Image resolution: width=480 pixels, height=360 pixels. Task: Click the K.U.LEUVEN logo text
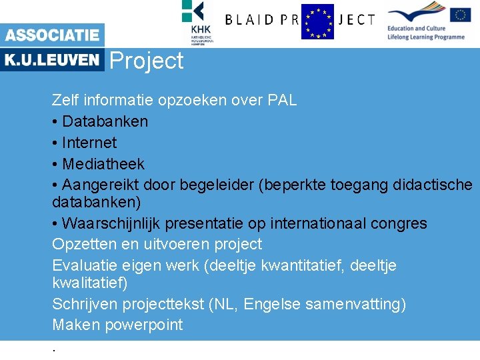point(52,60)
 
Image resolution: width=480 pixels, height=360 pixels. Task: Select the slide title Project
point(146,61)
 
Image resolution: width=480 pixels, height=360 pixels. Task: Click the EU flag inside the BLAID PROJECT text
point(317,21)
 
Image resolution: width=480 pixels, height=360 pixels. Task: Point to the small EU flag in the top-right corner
point(460,15)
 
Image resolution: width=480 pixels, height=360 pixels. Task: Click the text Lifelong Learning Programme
point(426,37)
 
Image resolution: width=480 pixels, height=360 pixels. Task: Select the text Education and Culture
point(417,29)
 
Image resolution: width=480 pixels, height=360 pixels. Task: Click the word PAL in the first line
point(281,101)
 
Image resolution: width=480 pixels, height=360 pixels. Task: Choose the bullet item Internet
point(89,143)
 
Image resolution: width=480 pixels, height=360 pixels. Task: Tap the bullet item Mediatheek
point(103,164)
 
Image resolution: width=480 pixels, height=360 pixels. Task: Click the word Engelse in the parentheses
point(269,304)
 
